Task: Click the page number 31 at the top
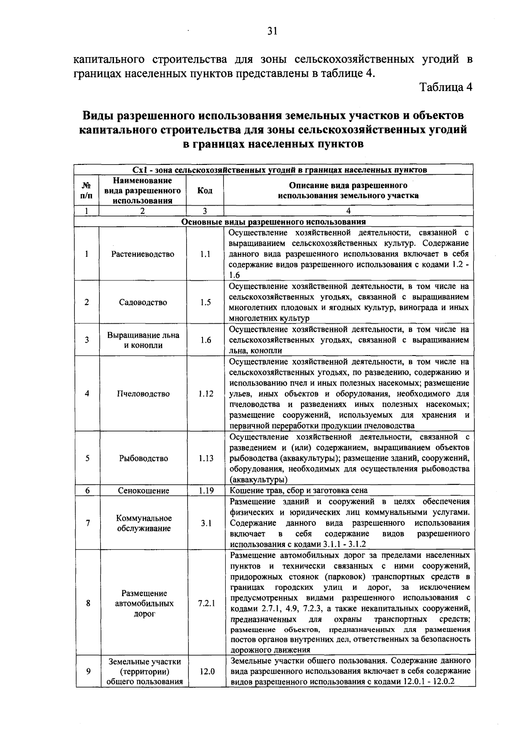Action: point(272,30)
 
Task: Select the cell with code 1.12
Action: point(206,394)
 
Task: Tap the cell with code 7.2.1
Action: point(206,603)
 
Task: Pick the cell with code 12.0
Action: point(207,671)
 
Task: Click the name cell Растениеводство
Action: point(143,254)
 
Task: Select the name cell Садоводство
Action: point(143,302)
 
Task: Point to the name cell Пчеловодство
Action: point(143,394)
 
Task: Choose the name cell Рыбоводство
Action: point(143,458)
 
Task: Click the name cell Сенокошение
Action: point(143,490)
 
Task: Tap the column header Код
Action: point(205,191)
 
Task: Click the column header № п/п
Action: point(86,191)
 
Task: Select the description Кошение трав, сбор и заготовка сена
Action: point(298,490)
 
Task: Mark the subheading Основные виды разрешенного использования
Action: point(273,222)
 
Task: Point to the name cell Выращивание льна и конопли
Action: point(143,340)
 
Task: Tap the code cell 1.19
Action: point(206,490)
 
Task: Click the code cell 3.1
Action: point(206,523)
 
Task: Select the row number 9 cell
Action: point(88,671)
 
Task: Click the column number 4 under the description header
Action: point(348,211)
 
